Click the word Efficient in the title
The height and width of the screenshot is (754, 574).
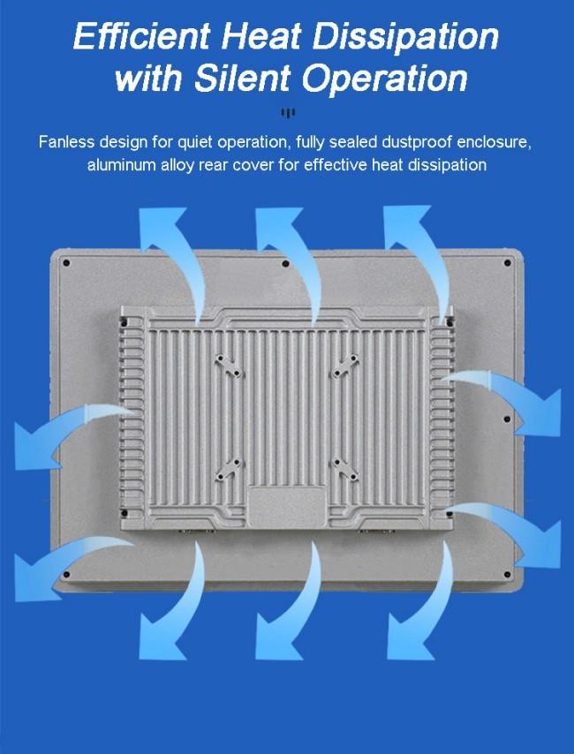click(142, 36)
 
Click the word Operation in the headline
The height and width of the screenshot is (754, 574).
click(384, 79)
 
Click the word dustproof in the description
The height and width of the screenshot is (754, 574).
click(416, 143)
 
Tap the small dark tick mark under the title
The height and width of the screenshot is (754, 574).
click(288, 114)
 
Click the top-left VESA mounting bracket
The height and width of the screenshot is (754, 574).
click(229, 366)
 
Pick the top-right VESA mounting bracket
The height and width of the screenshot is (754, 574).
click(345, 366)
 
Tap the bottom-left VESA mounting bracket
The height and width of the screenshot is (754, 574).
click(229, 470)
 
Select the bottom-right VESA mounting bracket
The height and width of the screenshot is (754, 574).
click(345, 470)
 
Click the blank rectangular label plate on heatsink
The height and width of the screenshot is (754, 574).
click(287, 507)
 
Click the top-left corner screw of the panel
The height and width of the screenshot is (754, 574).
click(66, 262)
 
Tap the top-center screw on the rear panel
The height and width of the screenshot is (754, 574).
click(286, 263)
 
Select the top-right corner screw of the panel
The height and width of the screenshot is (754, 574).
click(507, 262)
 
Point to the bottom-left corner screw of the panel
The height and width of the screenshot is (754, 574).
click(66, 574)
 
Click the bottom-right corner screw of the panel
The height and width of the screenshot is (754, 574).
click(507, 574)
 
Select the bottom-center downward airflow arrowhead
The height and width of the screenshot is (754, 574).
click(278, 638)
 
